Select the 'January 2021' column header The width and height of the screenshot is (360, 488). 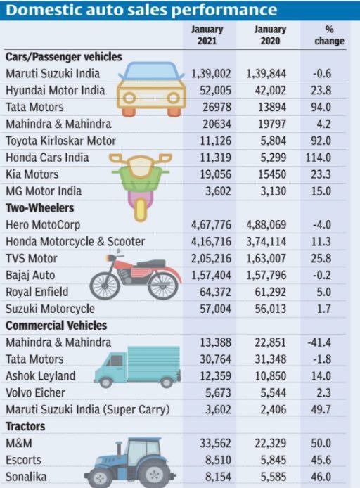(206, 35)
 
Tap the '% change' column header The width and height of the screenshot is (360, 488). (329, 35)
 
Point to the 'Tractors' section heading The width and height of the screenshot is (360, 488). (25, 426)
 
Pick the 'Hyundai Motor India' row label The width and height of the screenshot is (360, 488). (55, 90)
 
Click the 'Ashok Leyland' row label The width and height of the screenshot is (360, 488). (41, 376)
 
